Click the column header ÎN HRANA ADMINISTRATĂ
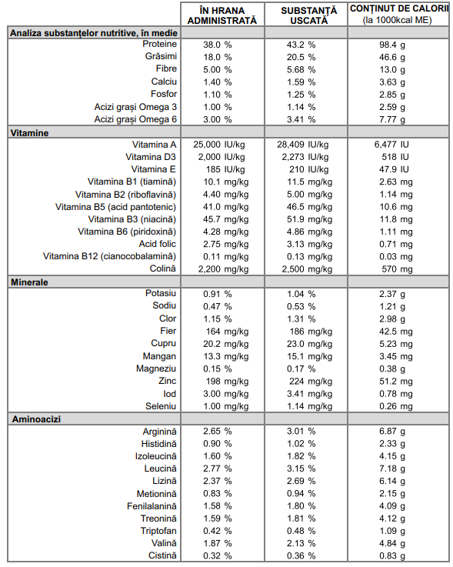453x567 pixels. coord(222,15)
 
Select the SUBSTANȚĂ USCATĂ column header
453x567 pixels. coord(308,15)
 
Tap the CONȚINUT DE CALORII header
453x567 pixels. coord(398,14)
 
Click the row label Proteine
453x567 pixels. coord(159,44)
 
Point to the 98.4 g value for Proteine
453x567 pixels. coord(392,45)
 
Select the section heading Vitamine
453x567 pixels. coord(29,133)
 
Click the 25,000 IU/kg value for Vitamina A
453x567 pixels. coord(218,145)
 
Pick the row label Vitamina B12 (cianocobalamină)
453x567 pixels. coord(109,256)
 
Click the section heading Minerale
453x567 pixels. coord(29,282)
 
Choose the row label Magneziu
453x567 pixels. coord(156,369)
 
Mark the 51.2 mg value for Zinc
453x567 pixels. coord(395,381)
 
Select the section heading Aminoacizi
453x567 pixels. coord(36,419)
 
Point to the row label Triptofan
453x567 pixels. coord(158,531)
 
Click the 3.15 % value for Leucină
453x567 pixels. coord(301,469)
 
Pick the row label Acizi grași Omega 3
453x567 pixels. coord(135,107)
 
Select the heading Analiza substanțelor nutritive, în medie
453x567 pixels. coord(94,33)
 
